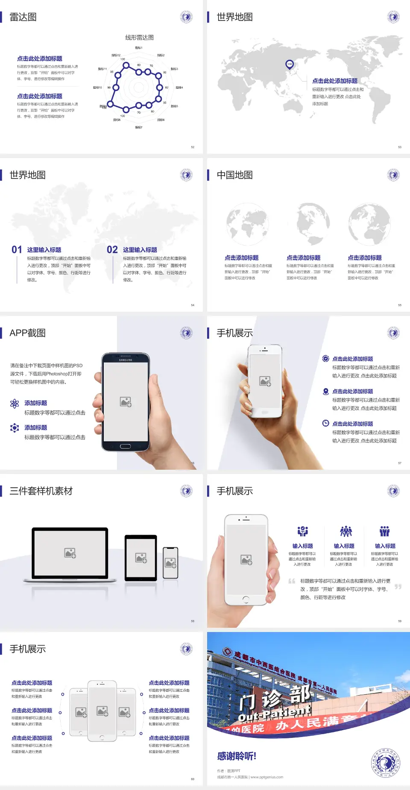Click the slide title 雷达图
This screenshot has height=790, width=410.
pos(23,17)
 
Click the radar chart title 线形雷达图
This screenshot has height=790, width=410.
pos(139,38)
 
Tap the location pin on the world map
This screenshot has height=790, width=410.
pos(290,64)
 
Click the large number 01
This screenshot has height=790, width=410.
pos(17,250)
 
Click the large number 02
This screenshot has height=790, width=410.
pos(112,250)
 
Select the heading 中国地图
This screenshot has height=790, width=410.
pos(234,175)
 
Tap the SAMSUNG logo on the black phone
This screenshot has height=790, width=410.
pos(126,360)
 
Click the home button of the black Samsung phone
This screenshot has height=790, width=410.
pos(125,446)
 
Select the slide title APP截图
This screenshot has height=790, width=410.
pos(27,333)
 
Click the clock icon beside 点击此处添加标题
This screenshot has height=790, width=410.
pos(325,423)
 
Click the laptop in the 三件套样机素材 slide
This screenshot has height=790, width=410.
pos(70,554)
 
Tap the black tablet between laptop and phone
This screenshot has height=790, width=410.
pos(141,558)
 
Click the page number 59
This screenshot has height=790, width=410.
pos(400,621)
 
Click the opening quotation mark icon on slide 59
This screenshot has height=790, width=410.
pos(292,581)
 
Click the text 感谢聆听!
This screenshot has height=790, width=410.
pos(237,756)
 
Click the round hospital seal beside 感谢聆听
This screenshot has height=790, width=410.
pos(386,763)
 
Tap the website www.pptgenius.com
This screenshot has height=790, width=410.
pos(266,777)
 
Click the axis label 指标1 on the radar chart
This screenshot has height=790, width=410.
pos(139,48)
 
